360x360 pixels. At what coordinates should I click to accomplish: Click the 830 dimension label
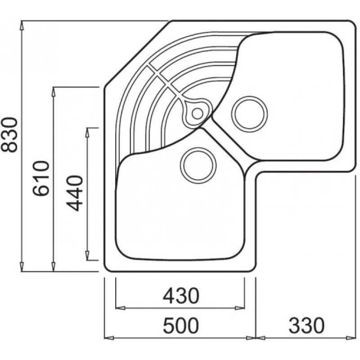[x=9, y=135]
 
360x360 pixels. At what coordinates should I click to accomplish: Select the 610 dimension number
[x=41, y=178]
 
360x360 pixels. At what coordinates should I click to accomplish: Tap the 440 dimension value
[x=74, y=193]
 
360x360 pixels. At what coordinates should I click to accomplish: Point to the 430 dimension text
[x=181, y=296]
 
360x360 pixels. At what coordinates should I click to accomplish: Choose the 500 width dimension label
[x=181, y=325]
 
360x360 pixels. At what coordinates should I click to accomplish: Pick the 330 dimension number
[x=306, y=325]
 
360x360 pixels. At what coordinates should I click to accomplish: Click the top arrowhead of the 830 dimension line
[x=22, y=25]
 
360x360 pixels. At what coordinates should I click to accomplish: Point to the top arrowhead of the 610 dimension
[x=54, y=91]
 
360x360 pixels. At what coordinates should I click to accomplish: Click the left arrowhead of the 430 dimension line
[x=120, y=308]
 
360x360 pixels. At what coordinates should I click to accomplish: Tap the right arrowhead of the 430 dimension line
[x=240, y=308]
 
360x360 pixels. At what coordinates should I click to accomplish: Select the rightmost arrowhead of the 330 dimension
[x=351, y=338]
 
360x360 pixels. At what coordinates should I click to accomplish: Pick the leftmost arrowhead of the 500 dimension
[x=109, y=338]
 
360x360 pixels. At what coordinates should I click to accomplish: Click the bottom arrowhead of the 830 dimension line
[x=22, y=267]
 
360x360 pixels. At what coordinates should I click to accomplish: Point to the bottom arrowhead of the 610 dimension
[x=54, y=267]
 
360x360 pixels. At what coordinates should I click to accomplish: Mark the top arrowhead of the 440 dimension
[x=87, y=132]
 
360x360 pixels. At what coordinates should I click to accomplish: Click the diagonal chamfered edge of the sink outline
[x=137, y=54]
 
